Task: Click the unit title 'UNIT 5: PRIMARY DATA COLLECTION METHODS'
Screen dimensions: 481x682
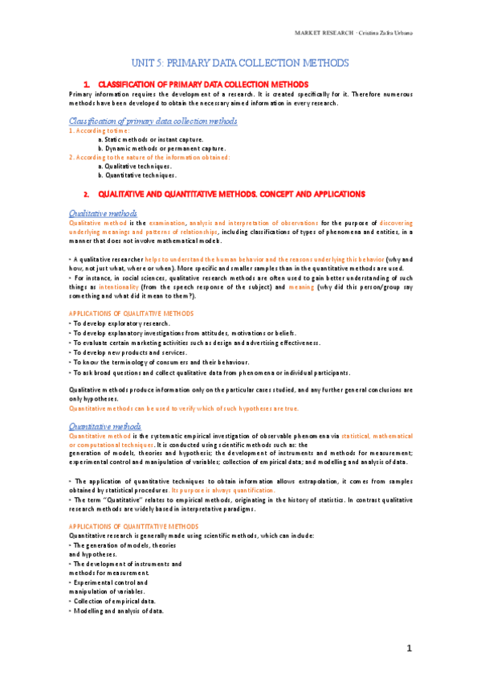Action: click(x=240, y=63)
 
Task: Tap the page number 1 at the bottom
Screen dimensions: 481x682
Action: click(x=408, y=648)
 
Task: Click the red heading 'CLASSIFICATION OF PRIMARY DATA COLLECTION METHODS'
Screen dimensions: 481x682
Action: click(x=202, y=84)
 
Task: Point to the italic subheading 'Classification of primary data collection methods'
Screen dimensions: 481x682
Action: click(x=153, y=121)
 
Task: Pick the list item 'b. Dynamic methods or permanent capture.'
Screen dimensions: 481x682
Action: click(x=150, y=148)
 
